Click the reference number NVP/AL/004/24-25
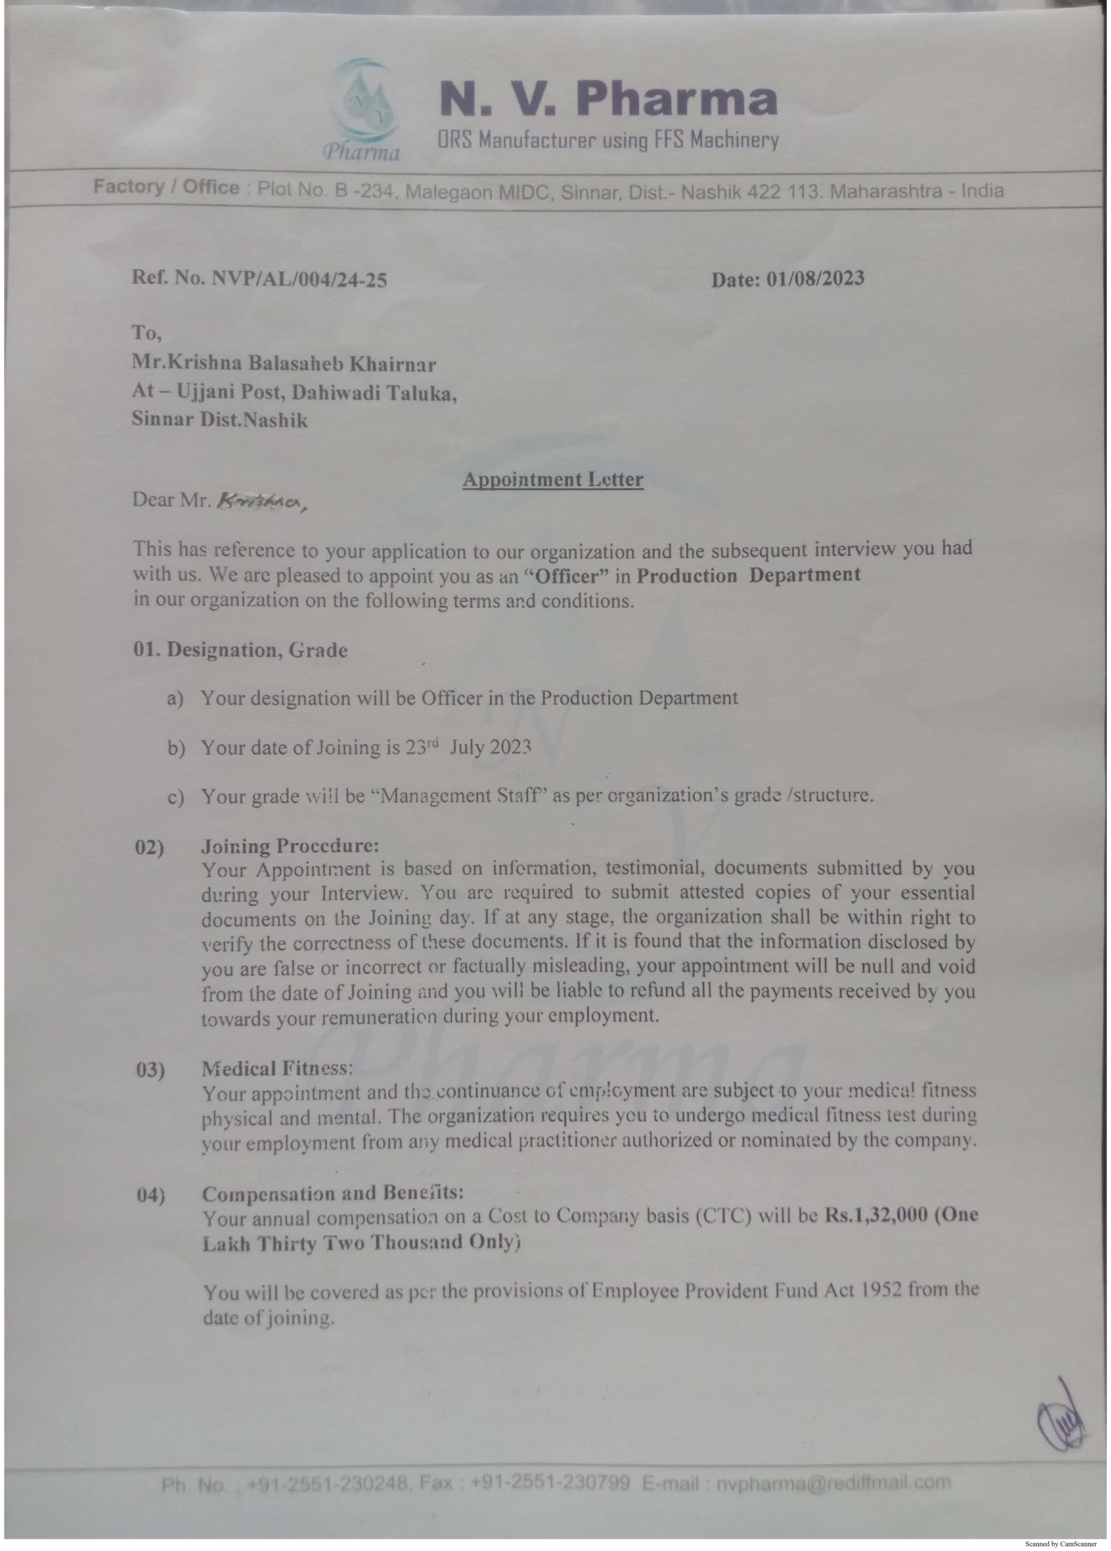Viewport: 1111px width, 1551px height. [x=299, y=280]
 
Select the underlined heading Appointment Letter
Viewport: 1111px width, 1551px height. [x=552, y=479]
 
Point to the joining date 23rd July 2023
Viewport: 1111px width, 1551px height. [x=468, y=747]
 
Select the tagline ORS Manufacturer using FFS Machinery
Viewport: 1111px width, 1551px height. [x=608, y=140]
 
